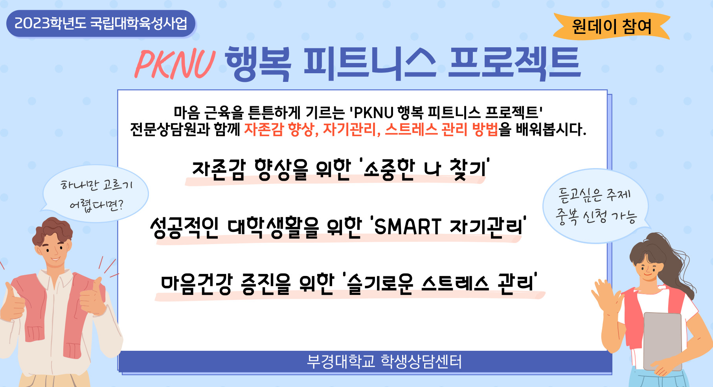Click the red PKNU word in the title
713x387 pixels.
175,64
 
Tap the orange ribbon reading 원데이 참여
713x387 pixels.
612,26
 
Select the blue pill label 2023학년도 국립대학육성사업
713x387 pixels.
101,24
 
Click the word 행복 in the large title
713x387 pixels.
258,63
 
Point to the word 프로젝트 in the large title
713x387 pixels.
515,63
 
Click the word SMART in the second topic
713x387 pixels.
408,227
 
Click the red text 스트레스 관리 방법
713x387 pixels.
441,129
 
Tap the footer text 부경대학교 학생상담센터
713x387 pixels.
384,361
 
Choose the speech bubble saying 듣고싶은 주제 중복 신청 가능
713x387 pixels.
595,206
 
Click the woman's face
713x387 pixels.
647,268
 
